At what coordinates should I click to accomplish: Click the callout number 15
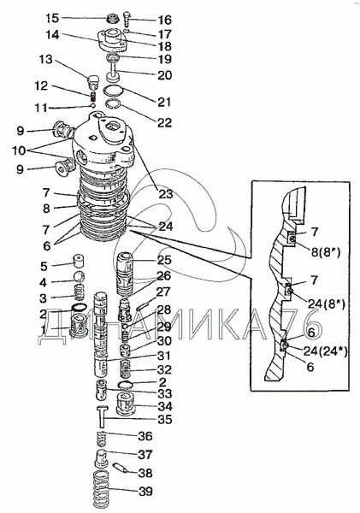tap(52, 18)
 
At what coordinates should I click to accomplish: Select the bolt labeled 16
tap(127, 20)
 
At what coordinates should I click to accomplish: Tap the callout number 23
tap(165, 194)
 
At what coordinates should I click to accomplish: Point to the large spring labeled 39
tap(101, 489)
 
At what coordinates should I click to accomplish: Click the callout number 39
tap(145, 491)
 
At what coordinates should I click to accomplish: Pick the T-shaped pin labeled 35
tap(102, 416)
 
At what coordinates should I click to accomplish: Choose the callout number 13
tap(46, 60)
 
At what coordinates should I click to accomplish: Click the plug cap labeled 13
tap(93, 81)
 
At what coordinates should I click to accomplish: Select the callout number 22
tap(164, 122)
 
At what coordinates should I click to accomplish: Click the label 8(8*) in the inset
tap(325, 252)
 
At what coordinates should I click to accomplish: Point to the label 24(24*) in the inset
tap(325, 351)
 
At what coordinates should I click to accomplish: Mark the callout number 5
tap(44, 266)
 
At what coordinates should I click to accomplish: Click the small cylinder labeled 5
tap(78, 261)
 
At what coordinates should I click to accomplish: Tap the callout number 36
tap(145, 436)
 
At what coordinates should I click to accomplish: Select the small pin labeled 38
tap(119, 467)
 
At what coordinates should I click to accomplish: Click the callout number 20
tap(165, 75)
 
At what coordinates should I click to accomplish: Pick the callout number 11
tap(41, 108)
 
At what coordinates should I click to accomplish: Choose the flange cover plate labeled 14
tap(112, 40)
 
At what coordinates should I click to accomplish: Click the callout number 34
tap(165, 407)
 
